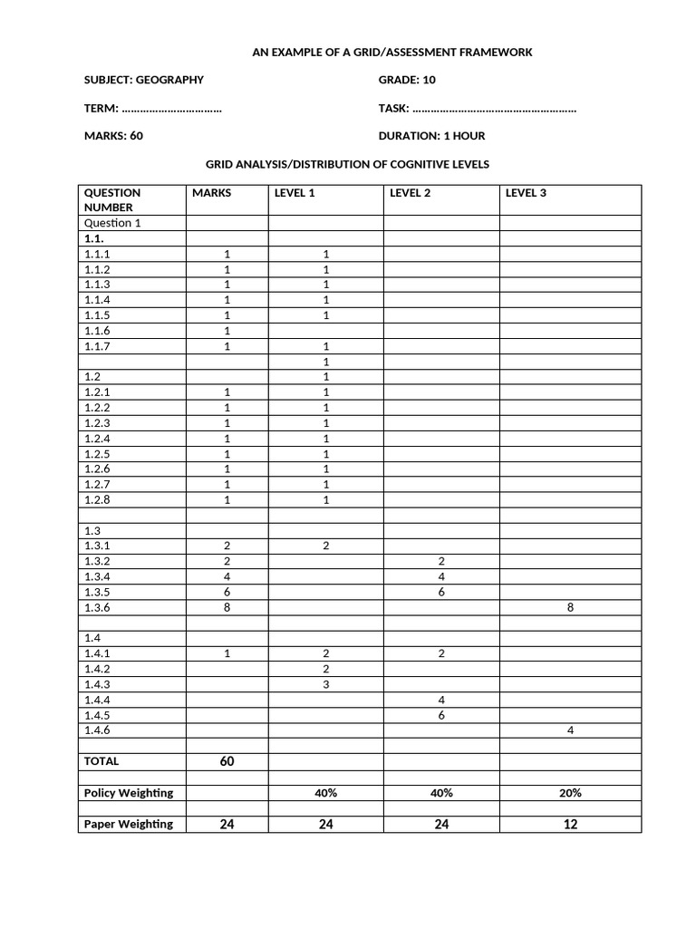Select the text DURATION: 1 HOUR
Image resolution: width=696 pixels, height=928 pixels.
(x=431, y=136)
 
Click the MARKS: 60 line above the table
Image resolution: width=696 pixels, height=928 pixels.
(x=113, y=136)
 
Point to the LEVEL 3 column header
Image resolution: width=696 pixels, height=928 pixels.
(x=526, y=193)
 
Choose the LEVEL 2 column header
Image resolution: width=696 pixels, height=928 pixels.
(x=410, y=193)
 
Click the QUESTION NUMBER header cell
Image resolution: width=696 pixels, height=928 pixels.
(x=112, y=199)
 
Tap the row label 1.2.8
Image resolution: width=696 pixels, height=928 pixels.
(x=97, y=500)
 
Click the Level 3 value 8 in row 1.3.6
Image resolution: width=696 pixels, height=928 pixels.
(x=570, y=608)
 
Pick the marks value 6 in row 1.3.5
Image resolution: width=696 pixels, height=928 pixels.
(x=227, y=593)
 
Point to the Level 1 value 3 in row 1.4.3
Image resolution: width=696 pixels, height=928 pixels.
(x=325, y=685)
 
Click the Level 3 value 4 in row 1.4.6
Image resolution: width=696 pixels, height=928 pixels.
(x=570, y=730)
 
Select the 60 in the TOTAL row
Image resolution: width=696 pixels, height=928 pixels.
(x=227, y=761)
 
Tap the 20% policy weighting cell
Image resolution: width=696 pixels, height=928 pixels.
(x=570, y=793)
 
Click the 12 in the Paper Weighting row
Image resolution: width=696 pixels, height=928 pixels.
(x=570, y=825)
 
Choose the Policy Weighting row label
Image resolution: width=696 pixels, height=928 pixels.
(x=128, y=793)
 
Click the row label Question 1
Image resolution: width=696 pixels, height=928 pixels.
(x=112, y=223)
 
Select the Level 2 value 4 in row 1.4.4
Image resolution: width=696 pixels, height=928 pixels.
(x=441, y=701)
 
